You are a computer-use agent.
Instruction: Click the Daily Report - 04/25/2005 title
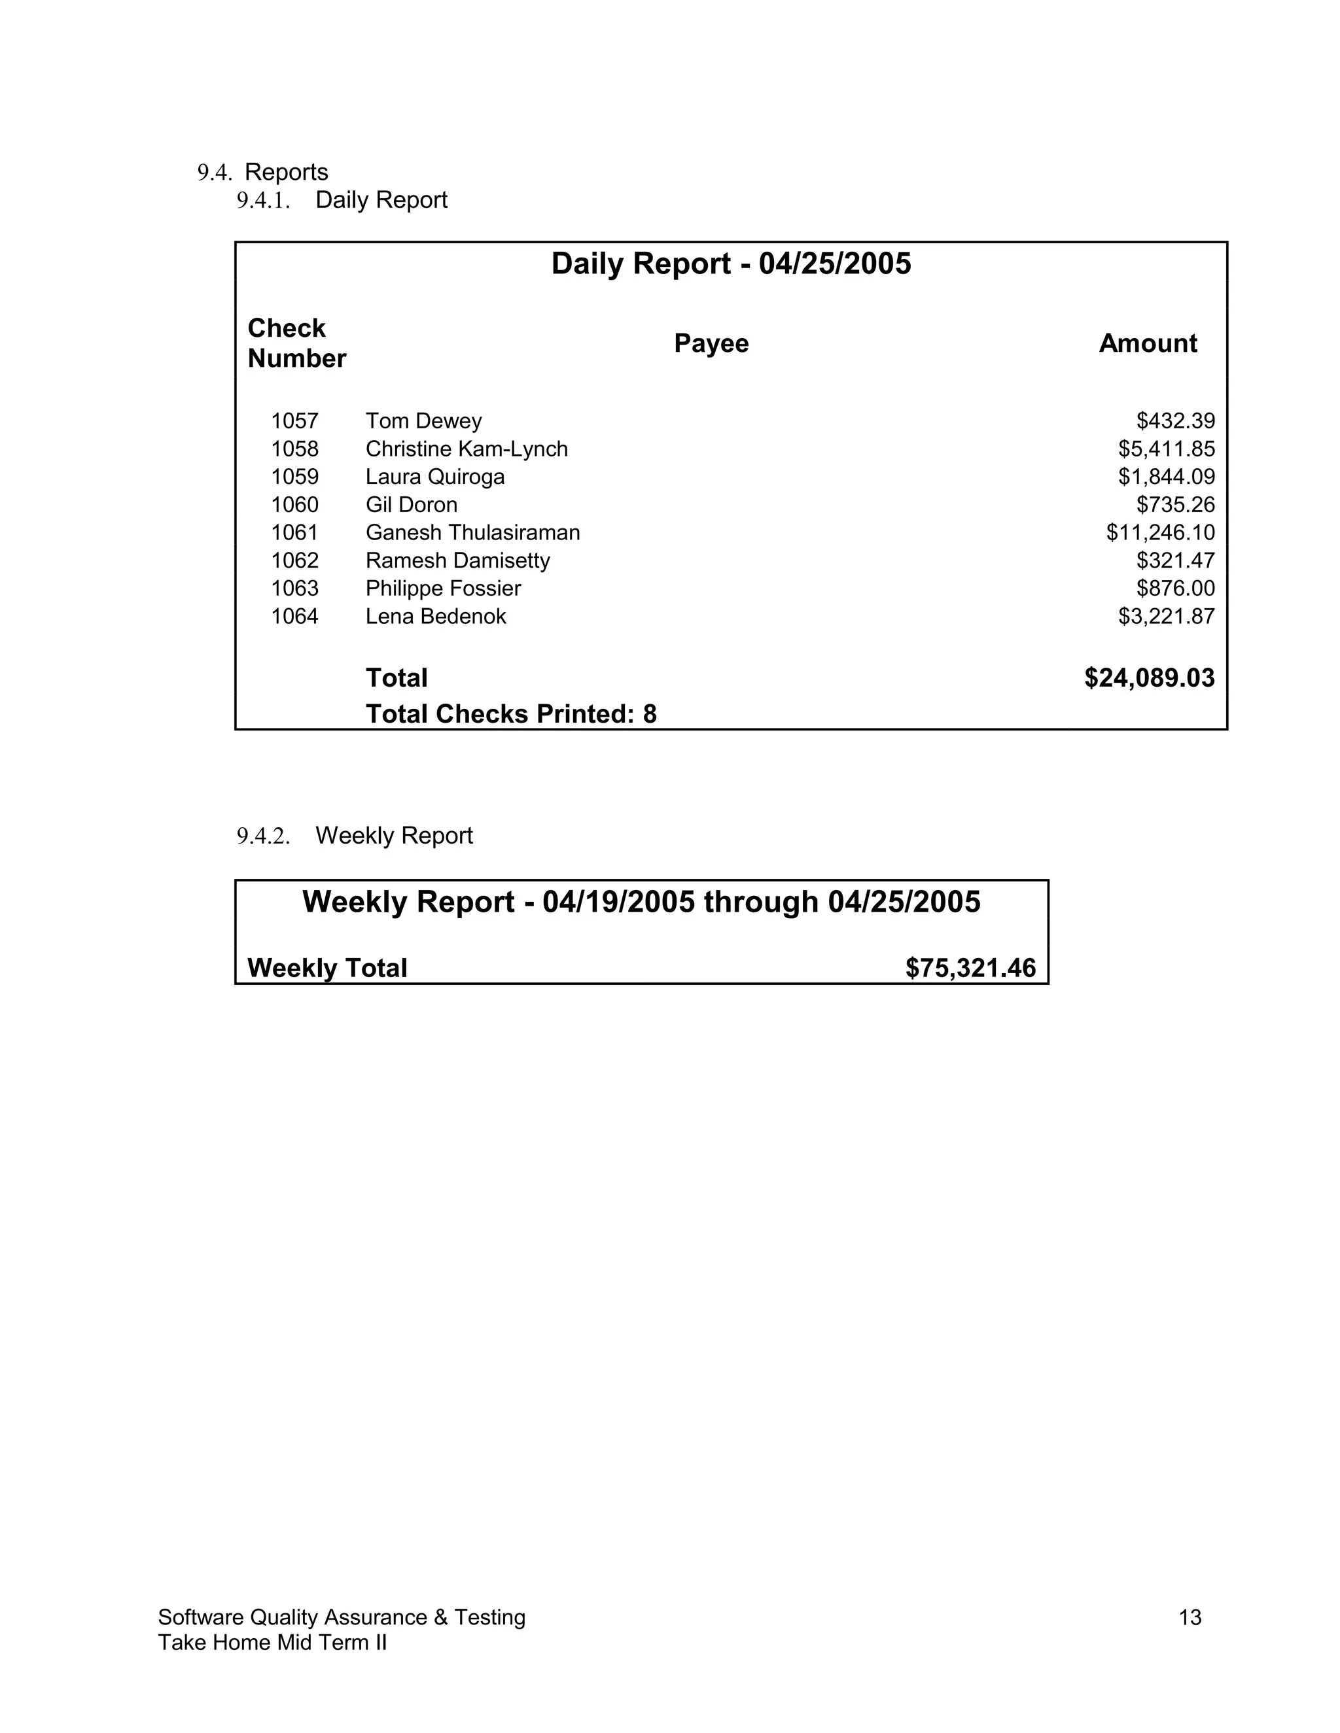730,264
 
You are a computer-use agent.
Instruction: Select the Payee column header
711,343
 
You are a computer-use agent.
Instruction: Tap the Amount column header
1147,343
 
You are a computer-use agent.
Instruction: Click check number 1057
294,420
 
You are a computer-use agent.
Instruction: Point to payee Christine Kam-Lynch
466,449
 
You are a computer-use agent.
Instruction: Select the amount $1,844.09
1166,477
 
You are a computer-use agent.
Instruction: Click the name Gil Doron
411,505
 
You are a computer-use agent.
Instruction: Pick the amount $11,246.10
1160,532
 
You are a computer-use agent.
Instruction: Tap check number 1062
294,560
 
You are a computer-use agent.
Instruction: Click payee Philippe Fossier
443,589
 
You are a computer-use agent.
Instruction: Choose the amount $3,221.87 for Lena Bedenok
1166,617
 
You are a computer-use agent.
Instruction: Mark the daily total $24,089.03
1149,678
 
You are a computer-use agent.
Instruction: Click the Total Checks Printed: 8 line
510,714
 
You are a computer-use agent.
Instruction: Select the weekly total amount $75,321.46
970,968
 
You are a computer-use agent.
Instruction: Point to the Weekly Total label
327,968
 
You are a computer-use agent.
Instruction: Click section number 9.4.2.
263,836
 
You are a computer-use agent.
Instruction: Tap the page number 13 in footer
1190,1617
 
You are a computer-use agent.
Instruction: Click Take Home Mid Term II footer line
272,1643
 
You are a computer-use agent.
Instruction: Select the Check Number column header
296,343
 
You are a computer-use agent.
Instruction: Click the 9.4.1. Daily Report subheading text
381,200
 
